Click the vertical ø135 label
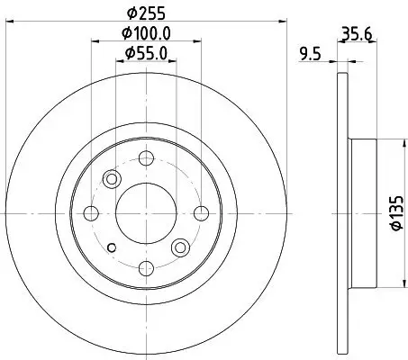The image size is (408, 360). tap(394, 215)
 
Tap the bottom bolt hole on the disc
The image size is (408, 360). tap(145, 267)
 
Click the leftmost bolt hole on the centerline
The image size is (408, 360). tap(91, 213)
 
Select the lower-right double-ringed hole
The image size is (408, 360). tap(180, 247)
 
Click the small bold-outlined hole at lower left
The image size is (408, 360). tap(111, 248)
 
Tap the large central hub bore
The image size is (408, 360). tap(145, 213)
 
